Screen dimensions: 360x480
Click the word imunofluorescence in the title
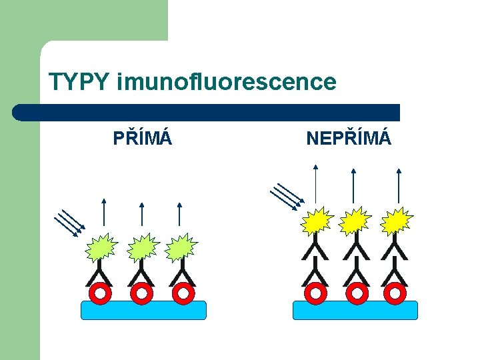(x=226, y=83)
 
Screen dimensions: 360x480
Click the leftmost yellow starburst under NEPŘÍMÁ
(x=317, y=222)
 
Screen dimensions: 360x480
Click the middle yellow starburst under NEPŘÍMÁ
(x=355, y=222)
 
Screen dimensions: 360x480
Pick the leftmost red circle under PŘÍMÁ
(x=100, y=293)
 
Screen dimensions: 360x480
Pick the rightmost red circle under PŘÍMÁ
(x=182, y=293)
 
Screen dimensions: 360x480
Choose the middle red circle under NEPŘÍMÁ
(x=357, y=293)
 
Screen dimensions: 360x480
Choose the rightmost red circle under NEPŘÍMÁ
(x=396, y=293)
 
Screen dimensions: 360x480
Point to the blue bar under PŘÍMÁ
(x=143, y=310)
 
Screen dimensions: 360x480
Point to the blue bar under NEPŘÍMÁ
(x=355, y=310)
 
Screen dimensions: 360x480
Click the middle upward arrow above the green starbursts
(x=141, y=214)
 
